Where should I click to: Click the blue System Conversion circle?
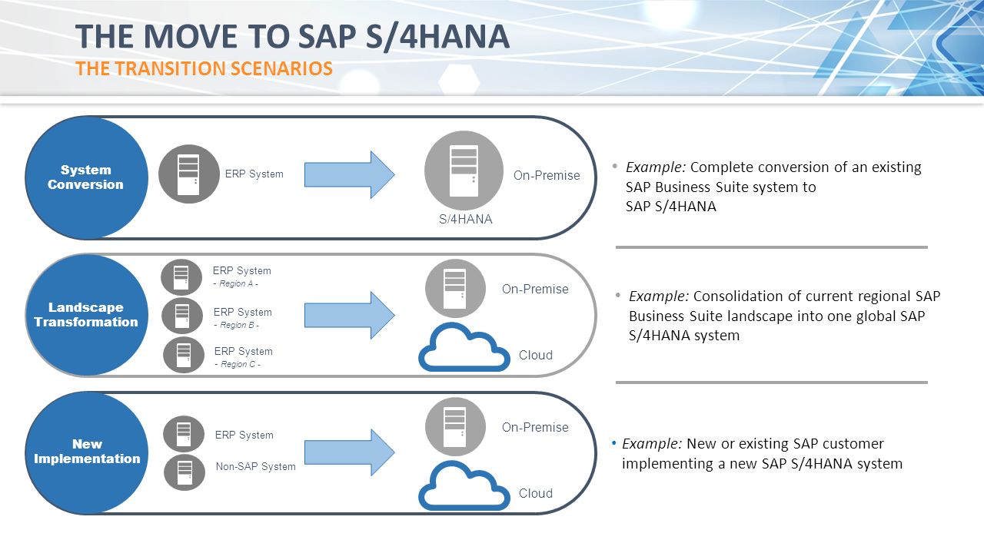coord(86,177)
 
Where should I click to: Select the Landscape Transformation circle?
coord(86,315)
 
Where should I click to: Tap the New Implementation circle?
coord(86,452)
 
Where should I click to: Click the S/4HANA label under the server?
coord(465,219)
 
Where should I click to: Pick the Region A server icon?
coord(181,277)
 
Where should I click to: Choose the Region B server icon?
coord(182,316)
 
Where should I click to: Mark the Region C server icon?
coord(184,355)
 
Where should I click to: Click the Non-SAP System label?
coord(255,466)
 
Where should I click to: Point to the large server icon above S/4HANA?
coord(464,170)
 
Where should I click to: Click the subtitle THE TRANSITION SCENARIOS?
coord(204,68)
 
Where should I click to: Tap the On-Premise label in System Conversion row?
coord(547,175)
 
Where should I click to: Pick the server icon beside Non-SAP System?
coord(184,472)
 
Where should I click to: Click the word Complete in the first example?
coord(722,167)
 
